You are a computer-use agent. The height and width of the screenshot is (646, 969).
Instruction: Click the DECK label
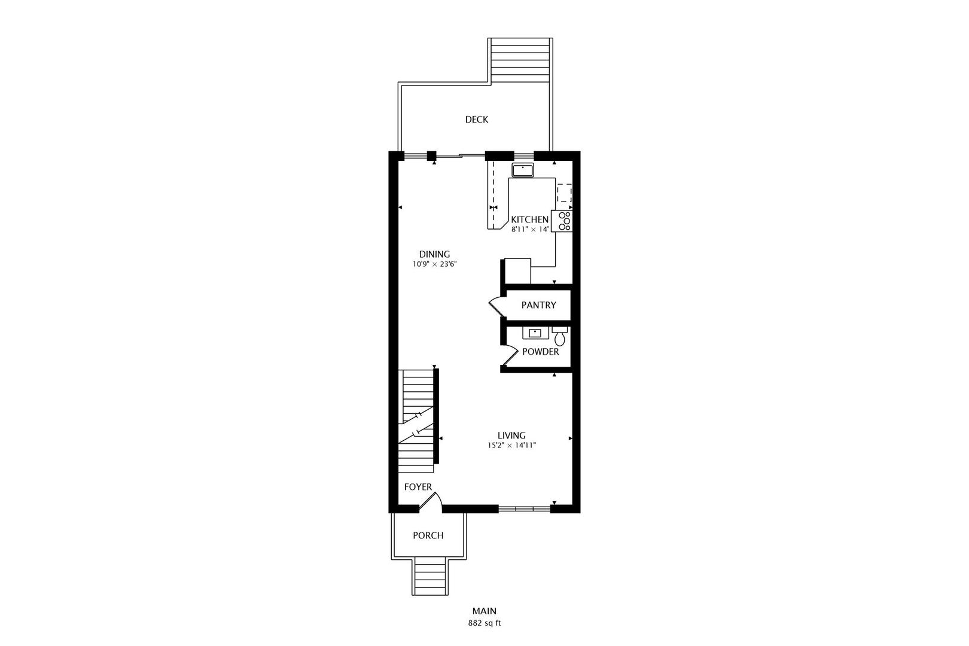[x=476, y=120]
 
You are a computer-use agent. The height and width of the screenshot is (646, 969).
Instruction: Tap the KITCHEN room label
[x=529, y=220]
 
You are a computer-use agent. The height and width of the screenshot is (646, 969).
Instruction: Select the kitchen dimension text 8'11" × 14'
[x=530, y=229]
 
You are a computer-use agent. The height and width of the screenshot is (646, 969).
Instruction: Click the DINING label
[x=434, y=254]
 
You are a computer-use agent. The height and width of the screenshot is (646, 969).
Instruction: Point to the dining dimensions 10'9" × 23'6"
[x=434, y=264]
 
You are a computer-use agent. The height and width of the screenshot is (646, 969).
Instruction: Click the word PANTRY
[x=538, y=305]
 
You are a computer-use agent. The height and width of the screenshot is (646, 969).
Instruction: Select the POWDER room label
[x=540, y=352]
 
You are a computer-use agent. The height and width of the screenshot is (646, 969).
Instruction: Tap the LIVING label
[x=511, y=435]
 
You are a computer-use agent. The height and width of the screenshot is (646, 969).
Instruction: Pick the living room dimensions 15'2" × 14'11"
[x=512, y=445]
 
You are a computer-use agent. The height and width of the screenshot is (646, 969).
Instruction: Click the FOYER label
[x=418, y=487]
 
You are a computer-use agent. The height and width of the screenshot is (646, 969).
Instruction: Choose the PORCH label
[x=428, y=536]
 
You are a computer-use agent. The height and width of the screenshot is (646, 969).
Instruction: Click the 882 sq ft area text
[x=484, y=623]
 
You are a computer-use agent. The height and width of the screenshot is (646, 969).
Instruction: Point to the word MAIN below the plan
[x=484, y=611]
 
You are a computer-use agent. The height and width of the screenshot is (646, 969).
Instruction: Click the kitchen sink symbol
[x=523, y=170]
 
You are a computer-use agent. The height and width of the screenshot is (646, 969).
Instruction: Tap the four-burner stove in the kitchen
[x=562, y=221]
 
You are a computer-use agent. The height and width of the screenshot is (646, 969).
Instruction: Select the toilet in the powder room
[x=559, y=336]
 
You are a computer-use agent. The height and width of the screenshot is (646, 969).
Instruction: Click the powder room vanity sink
[x=535, y=333]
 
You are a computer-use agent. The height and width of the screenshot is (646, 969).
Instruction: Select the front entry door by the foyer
[x=431, y=502]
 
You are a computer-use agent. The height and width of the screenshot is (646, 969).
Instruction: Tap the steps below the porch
[x=429, y=577]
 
